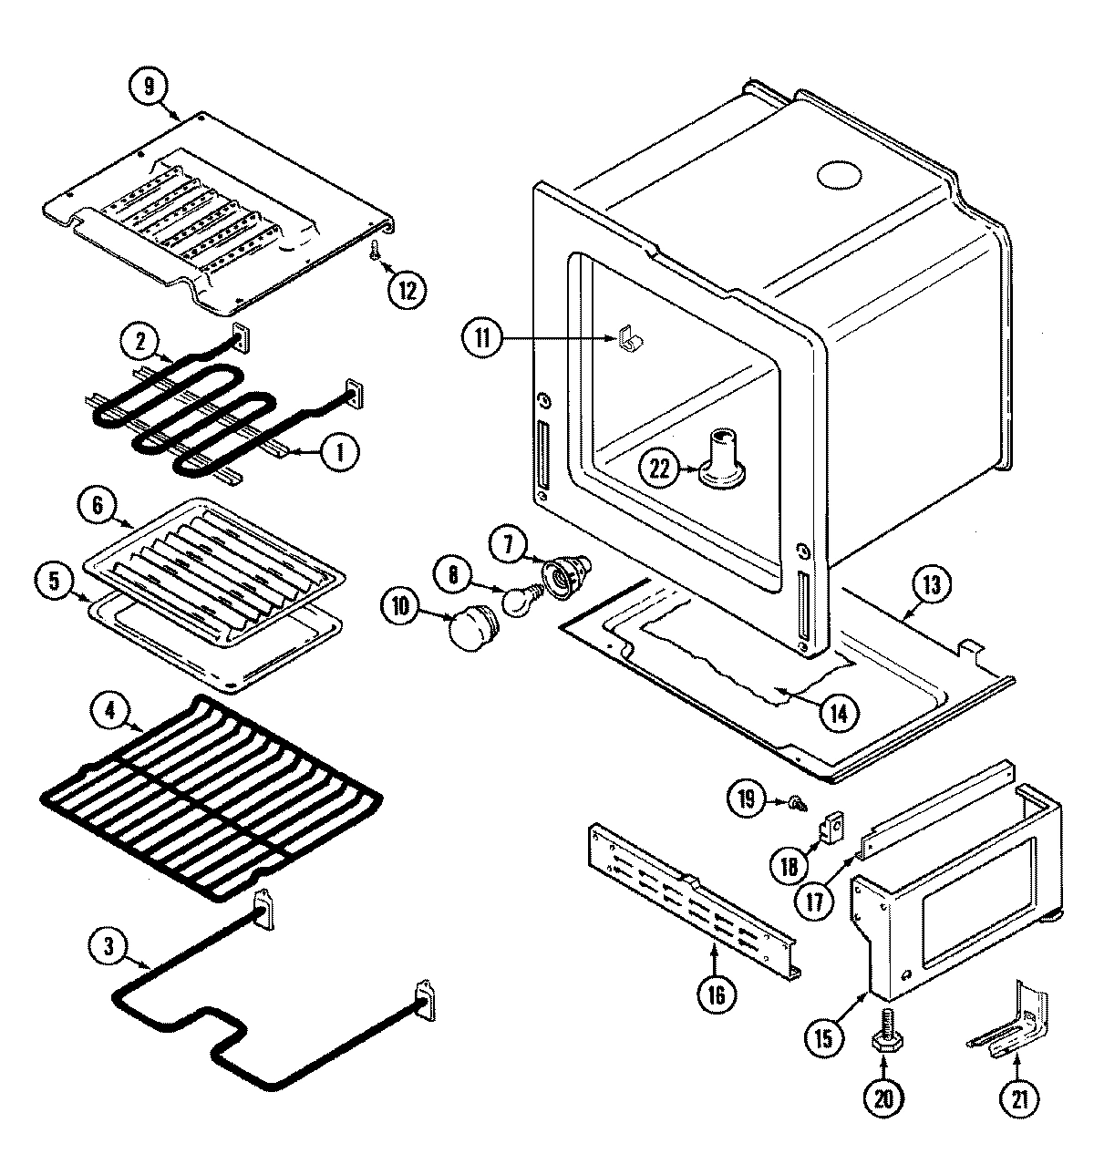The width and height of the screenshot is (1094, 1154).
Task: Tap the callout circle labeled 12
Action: click(x=407, y=290)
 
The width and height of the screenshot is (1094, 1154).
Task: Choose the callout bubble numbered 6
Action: click(x=96, y=503)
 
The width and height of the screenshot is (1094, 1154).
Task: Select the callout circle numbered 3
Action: click(x=108, y=947)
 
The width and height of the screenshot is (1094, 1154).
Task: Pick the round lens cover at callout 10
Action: click(x=472, y=627)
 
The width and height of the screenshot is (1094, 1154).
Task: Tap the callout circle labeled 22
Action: click(x=659, y=469)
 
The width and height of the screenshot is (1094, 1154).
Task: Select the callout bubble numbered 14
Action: click(x=838, y=713)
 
